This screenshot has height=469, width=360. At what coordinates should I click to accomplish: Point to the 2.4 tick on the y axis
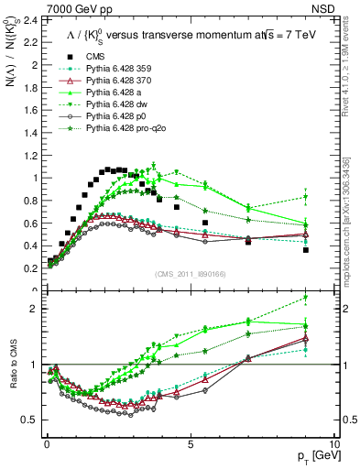click(x=29, y=20)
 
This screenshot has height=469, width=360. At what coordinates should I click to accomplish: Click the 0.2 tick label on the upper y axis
click(x=29, y=268)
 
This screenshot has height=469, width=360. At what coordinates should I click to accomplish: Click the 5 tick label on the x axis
click(x=190, y=442)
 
